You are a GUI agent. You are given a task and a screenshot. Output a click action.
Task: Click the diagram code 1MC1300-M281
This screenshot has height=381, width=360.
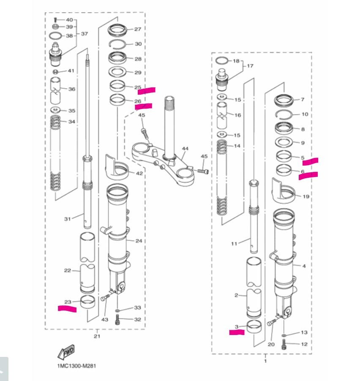pyautogui.click(x=76, y=366)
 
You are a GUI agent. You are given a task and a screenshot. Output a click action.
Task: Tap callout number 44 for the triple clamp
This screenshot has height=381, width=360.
pyautogui.click(x=185, y=149)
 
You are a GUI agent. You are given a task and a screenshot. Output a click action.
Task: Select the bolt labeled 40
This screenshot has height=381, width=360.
pyautogui.click(x=55, y=20)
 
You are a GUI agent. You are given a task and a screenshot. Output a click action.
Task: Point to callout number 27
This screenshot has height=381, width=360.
pyautogui.click(x=138, y=30)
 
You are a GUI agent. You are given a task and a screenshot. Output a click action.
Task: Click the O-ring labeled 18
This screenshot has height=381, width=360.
pyautogui.click(x=222, y=60)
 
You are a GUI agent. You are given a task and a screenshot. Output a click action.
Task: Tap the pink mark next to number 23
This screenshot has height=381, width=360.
pyautogui.click(x=67, y=309)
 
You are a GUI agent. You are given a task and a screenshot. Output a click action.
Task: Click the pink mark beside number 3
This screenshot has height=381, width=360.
pyautogui.click(x=237, y=332)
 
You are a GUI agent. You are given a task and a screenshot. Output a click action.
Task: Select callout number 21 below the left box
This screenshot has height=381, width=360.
pyautogui.click(x=97, y=336)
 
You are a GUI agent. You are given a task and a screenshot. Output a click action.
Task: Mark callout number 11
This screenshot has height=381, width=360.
pyautogui.click(x=235, y=243)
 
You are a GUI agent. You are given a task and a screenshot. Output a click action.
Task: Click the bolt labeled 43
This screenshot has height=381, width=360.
pyautogui.click(x=104, y=298)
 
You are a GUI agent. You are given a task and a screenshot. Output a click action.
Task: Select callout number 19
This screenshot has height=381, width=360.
pyautogui.click(x=306, y=196)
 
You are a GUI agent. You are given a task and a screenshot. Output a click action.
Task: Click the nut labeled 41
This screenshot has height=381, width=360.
pyautogui.click(x=55, y=71)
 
